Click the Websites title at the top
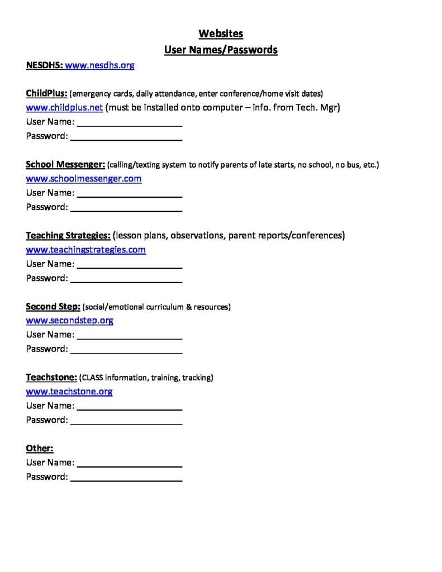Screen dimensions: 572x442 tap(221, 34)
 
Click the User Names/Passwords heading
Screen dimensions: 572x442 tap(221, 50)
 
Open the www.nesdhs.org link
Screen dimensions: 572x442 tap(99, 65)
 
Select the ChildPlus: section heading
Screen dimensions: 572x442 tap(47, 93)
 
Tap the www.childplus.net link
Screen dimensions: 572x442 tap(64, 107)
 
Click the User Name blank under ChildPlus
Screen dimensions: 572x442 tap(129, 122)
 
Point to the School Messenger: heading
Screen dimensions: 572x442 tap(65, 164)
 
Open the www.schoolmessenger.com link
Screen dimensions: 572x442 tap(84, 179)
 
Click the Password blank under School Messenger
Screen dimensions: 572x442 tap(126, 207)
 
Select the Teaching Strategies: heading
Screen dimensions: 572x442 tap(68, 235)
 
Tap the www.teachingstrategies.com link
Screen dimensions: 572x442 tap(86, 250)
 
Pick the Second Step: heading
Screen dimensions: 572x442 tap(53, 306)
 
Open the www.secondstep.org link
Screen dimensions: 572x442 tap(70, 321)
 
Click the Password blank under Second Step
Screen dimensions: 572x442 tap(126, 349)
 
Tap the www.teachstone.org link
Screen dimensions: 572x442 tap(69, 392)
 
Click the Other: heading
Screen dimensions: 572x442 tap(40, 448)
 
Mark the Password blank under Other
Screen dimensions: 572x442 tap(126, 477)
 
